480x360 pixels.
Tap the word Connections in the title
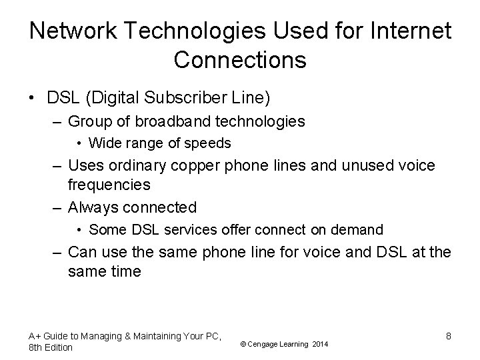point(240,60)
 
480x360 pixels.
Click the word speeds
point(210,143)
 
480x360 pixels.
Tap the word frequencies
point(109,183)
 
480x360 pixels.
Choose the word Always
point(93,207)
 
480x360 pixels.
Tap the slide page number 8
point(449,335)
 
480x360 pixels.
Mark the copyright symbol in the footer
point(243,344)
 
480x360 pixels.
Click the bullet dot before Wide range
point(80,143)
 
